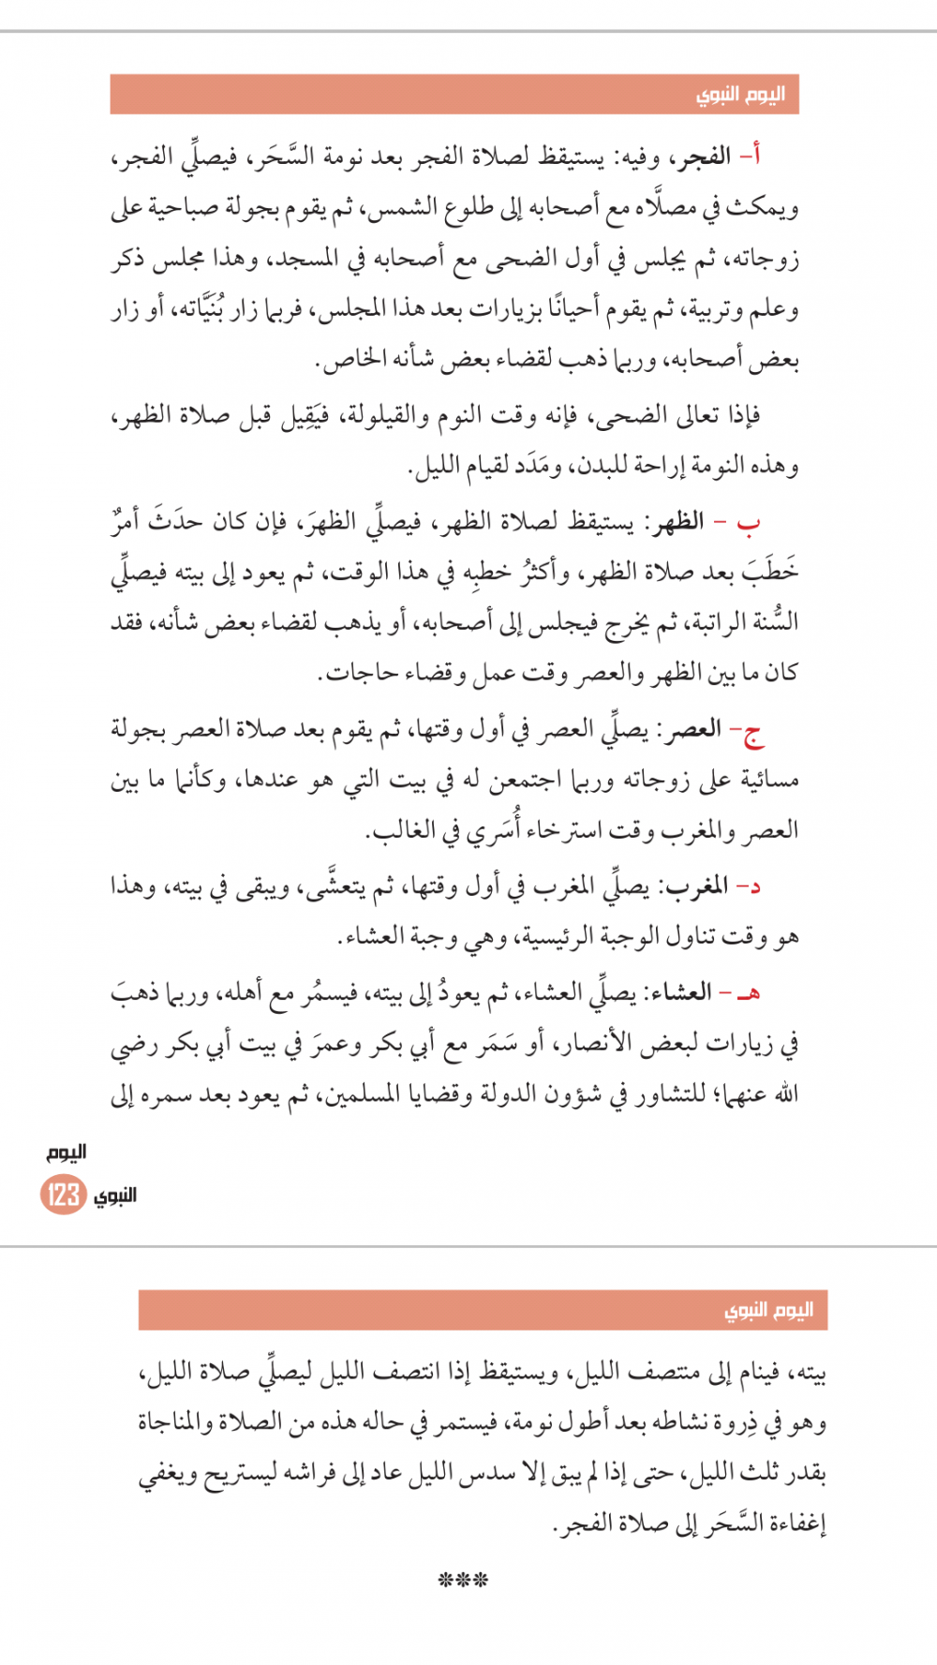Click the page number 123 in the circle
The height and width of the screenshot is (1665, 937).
(63, 1195)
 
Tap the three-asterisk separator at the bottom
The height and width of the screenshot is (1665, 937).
(463, 1581)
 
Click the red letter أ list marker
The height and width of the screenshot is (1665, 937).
(751, 156)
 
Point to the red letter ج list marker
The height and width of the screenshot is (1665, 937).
(752, 732)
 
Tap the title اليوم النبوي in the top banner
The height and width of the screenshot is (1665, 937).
(740, 95)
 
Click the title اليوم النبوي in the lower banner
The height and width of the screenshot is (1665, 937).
(768, 1310)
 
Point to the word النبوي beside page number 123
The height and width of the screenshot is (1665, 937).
(115, 1195)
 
